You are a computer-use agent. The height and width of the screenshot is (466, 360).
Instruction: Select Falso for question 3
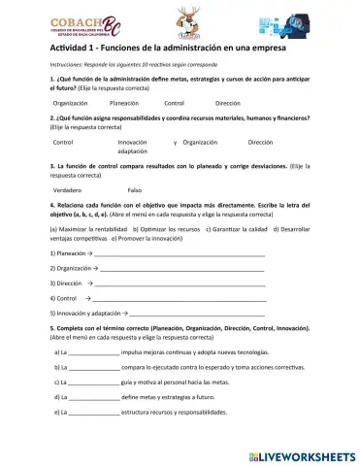click(x=135, y=189)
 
